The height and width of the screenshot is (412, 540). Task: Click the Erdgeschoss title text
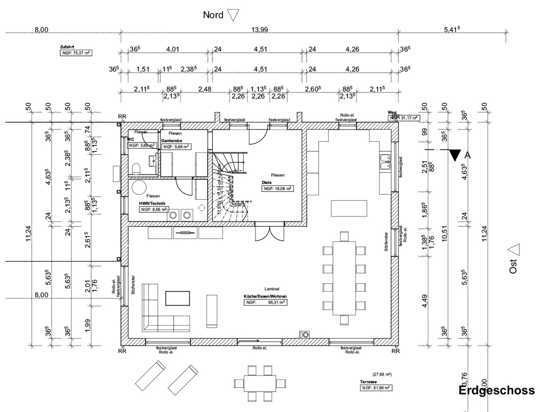[x=497, y=390]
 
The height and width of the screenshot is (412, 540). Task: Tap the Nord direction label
[x=213, y=15]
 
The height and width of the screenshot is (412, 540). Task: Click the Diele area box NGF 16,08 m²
[x=278, y=189]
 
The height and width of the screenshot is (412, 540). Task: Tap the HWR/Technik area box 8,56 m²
[x=153, y=210]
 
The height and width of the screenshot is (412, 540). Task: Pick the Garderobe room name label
[x=171, y=141]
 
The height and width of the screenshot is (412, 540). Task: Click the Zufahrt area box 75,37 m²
[x=75, y=53]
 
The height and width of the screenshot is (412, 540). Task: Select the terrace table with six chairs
[x=261, y=383]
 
